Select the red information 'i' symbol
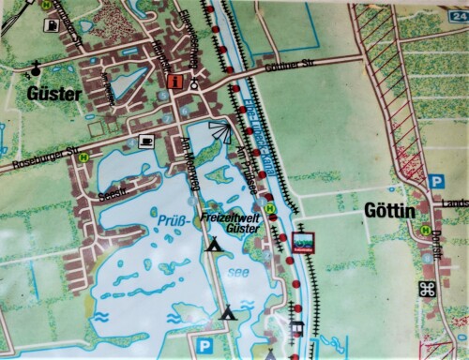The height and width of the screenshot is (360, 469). (174, 82)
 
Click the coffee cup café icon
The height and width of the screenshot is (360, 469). (146, 140)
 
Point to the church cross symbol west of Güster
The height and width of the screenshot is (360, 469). (36, 67)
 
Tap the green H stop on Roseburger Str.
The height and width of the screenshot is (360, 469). (83, 156)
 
